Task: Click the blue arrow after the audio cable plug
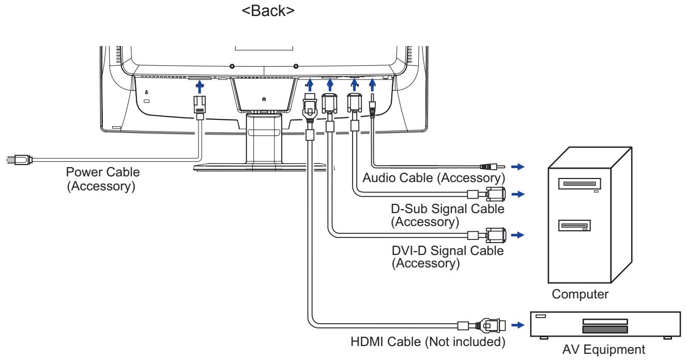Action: click(x=516, y=167)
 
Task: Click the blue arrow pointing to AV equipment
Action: click(x=516, y=326)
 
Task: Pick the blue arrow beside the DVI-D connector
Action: click(x=516, y=235)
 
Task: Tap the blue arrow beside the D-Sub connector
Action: click(x=516, y=194)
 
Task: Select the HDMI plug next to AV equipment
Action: click(x=488, y=326)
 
